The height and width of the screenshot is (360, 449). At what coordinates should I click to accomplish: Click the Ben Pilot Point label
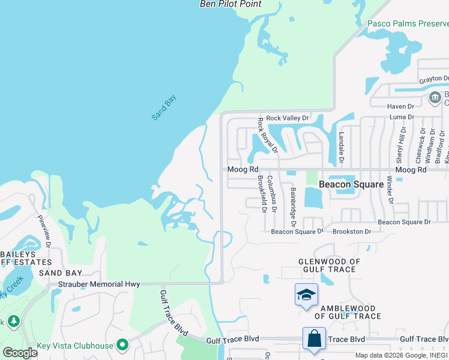[x=231, y=4]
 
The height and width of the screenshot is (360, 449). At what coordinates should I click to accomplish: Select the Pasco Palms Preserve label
[x=408, y=25]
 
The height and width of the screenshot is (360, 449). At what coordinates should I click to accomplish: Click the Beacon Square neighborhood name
[x=351, y=184]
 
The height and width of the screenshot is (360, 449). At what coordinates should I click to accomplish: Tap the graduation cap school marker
[x=306, y=295]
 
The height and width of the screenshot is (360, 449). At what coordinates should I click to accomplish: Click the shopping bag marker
[x=314, y=339]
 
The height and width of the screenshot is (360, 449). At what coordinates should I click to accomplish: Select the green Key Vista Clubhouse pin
[x=123, y=345]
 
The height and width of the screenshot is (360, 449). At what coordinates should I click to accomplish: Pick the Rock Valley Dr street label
[x=287, y=118]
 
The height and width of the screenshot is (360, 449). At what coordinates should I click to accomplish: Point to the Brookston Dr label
[x=352, y=231]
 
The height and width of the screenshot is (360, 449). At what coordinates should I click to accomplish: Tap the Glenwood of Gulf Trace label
[x=330, y=265]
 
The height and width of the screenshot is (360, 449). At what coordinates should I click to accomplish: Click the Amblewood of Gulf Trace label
[x=351, y=312]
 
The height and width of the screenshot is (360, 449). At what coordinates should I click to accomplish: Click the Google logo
[x=20, y=353]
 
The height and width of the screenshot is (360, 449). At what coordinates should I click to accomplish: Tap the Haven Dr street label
[x=401, y=106]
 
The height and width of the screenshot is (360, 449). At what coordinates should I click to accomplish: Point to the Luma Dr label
[x=402, y=117]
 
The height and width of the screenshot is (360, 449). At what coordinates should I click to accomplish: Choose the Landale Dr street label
[x=341, y=148]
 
